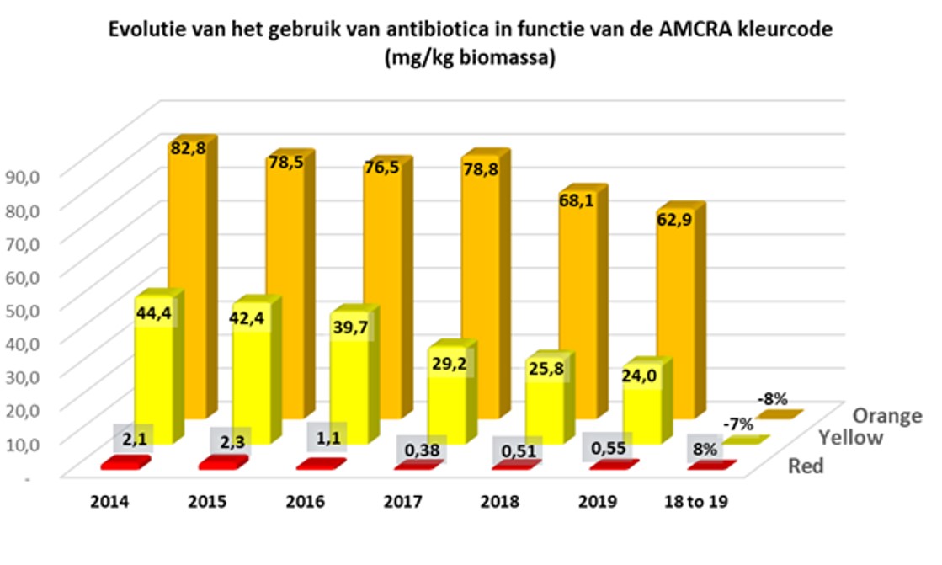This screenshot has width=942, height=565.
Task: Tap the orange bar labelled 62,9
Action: click(x=675, y=320)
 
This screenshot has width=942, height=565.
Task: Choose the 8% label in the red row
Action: click(x=700, y=447)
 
